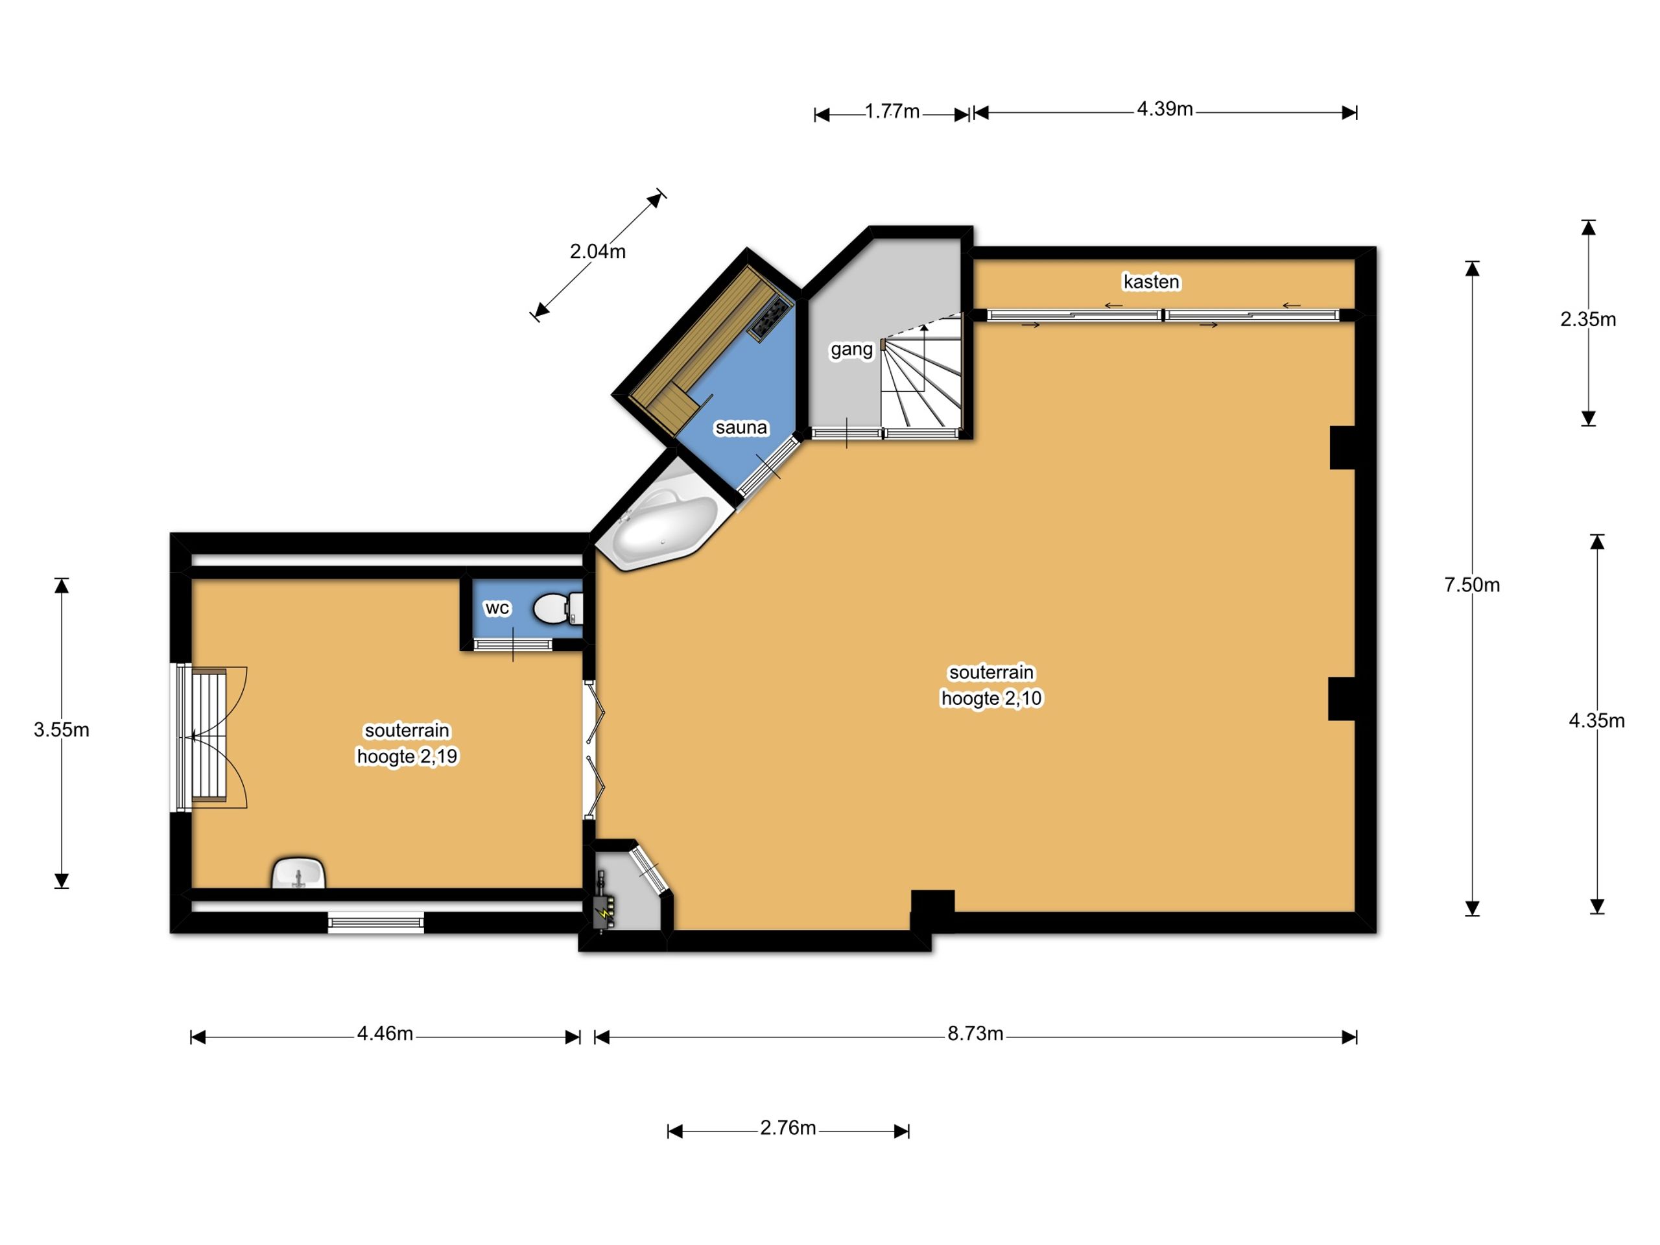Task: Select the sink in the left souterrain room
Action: coord(299,873)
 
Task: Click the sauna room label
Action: coord(741,428)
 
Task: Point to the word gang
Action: coord(851,349)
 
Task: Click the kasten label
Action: coord(1151,281)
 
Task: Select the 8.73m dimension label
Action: coord(975,1034)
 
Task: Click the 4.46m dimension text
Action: coord(385,1034)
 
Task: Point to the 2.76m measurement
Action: coord(787,1128)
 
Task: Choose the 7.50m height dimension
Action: coord(1472,585)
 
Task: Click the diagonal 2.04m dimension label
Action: coord(597,252)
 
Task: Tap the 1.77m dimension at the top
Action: coord(892,111)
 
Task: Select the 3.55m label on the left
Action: coord(62,729)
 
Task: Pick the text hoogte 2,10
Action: coord(991,698)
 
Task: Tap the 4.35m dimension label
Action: coord(1596,720)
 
